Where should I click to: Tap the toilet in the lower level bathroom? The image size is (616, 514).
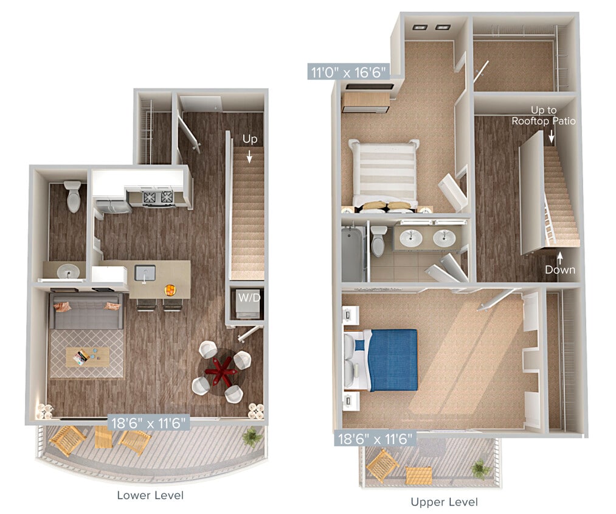(72, 196)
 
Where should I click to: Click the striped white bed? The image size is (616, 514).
(383, 172)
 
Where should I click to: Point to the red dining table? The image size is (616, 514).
(221, 368)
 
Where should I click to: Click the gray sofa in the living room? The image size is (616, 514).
(86, 311)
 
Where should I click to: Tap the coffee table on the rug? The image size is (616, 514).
(88, 357)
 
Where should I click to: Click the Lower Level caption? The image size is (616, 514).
(150, 495)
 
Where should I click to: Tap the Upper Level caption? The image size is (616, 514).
(444, 502)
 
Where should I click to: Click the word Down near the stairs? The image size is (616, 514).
(559, 269)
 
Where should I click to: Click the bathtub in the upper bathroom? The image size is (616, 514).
(352, 253)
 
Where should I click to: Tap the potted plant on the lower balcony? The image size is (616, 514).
(252, 435)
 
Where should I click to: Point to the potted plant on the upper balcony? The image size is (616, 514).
(480, 468)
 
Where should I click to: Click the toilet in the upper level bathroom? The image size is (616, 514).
(379, 241)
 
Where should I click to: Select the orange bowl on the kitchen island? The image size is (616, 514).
(171, 289)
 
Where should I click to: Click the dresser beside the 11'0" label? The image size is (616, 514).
(365, 100)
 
